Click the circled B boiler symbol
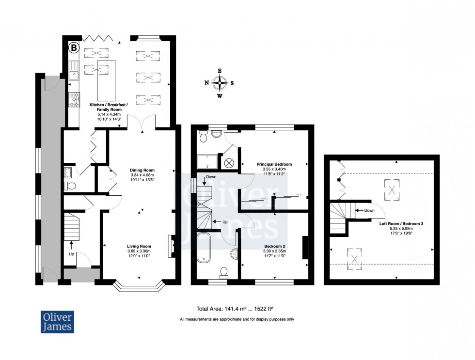(74, 47)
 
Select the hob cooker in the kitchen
(75, 99)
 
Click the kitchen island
(105, 79)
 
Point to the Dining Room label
(142, 170)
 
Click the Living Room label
(139, 246)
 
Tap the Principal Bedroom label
(274, 164)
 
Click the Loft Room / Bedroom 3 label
(401, 223)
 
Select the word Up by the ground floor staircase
(71, 253)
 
